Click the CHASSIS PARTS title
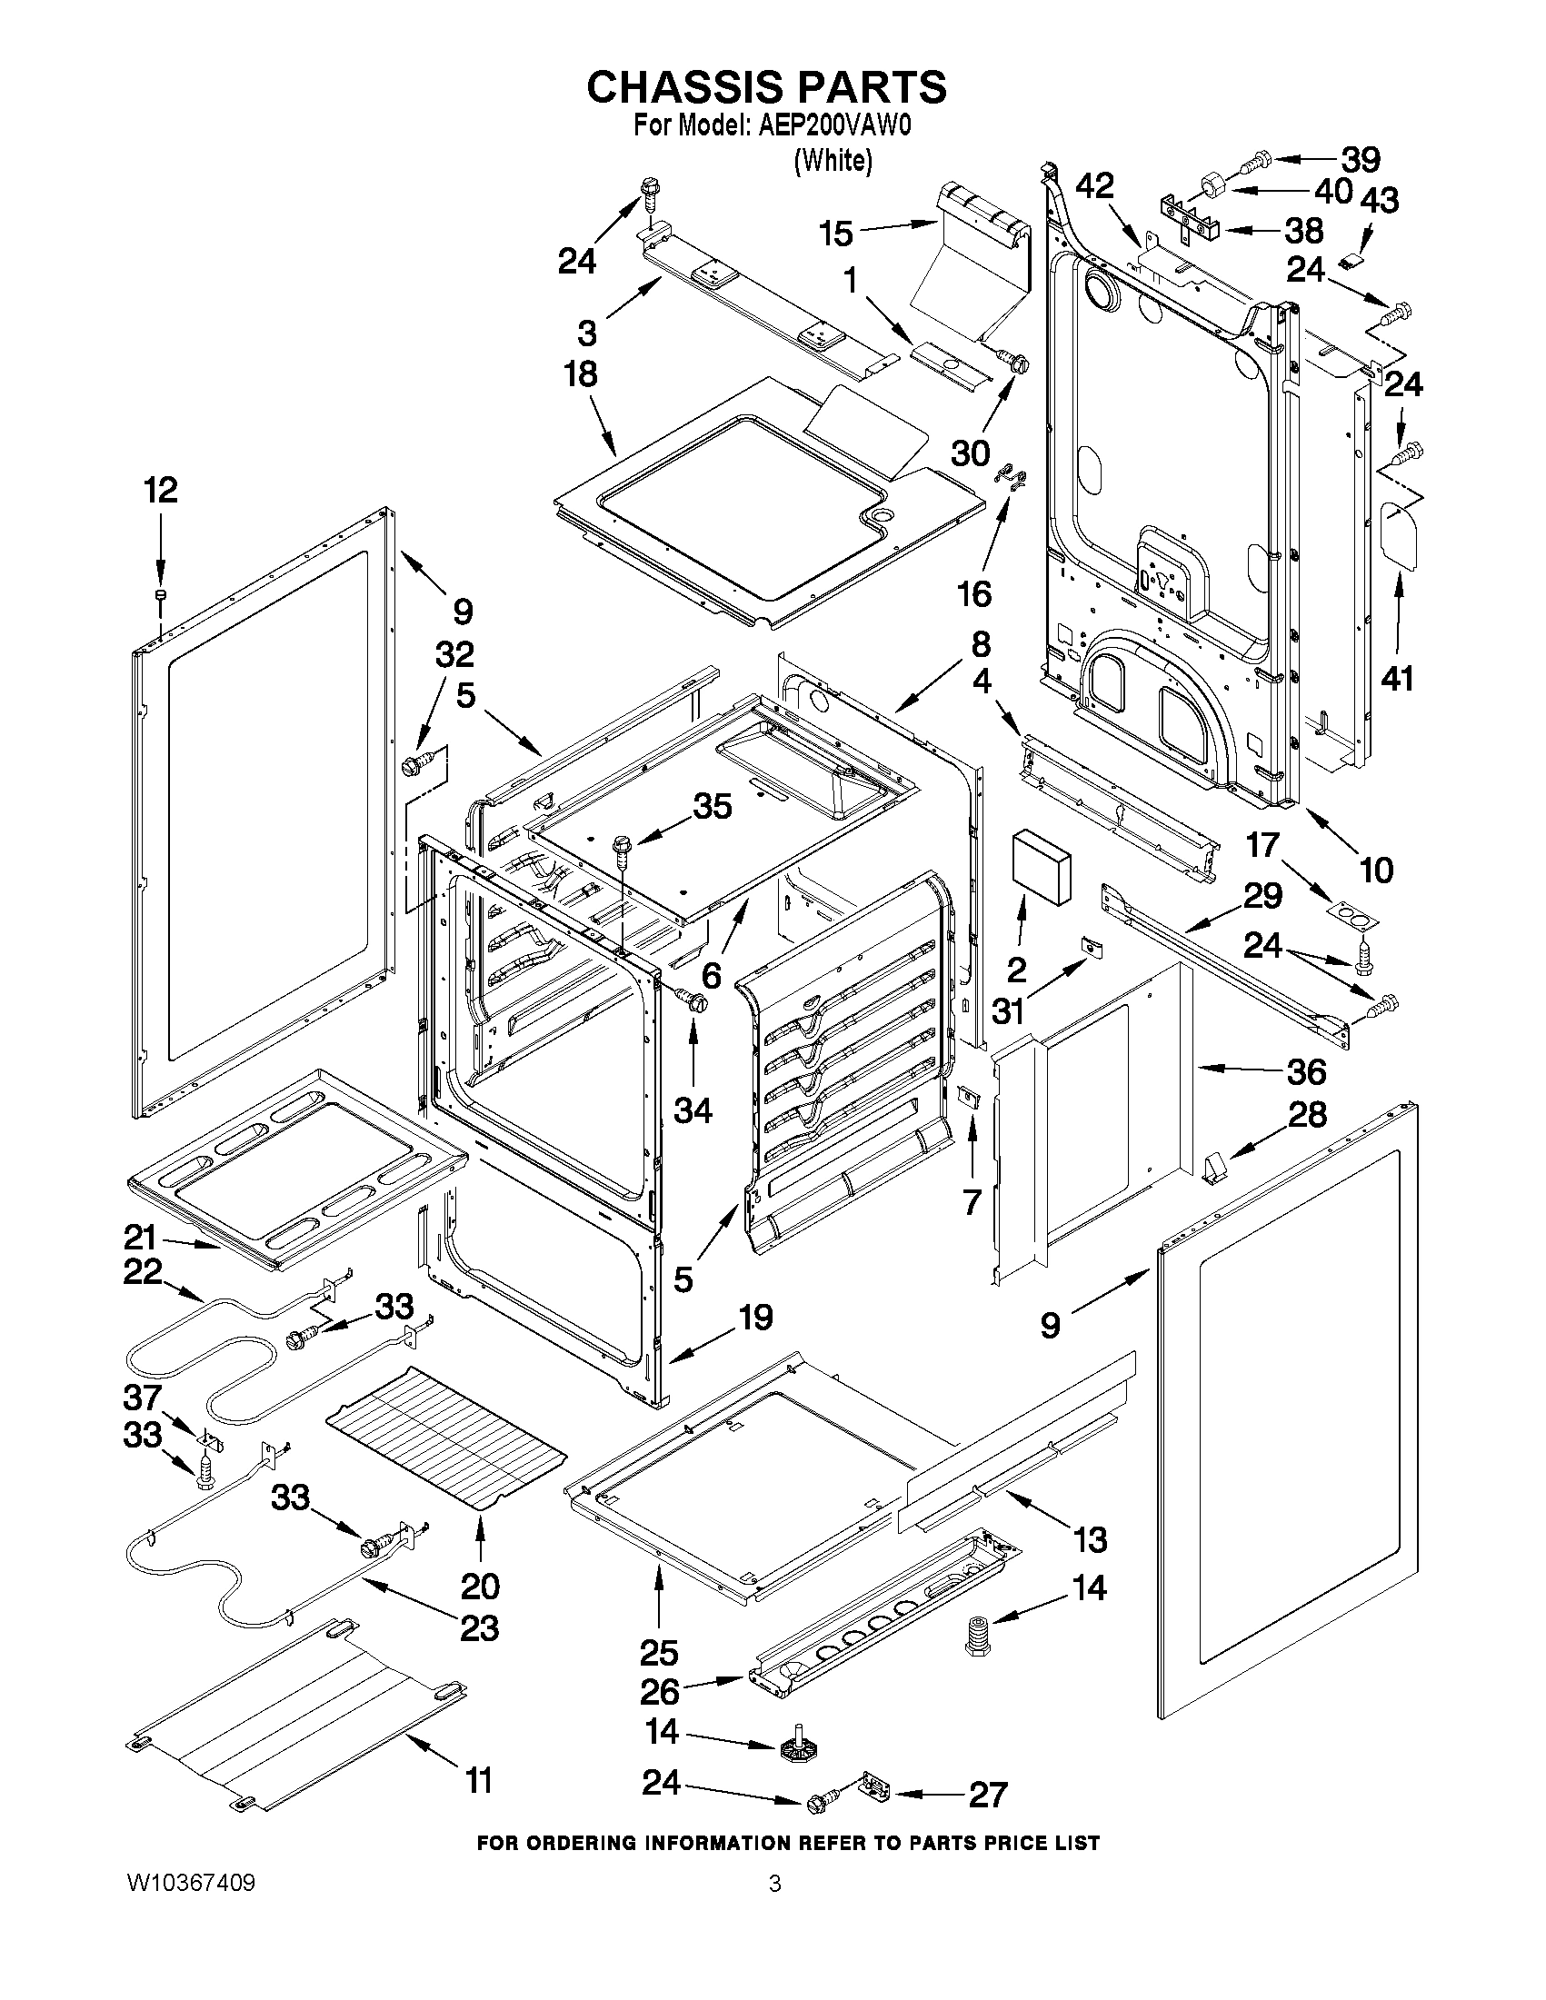(765, 87)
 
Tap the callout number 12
(161, 491)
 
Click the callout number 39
(1361, 159)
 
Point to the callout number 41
(1398, 679)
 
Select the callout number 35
(713, 806)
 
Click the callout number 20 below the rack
(481, 1585)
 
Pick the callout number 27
(987, 1795)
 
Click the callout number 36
(1306, 1070)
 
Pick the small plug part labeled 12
(159, 596)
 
